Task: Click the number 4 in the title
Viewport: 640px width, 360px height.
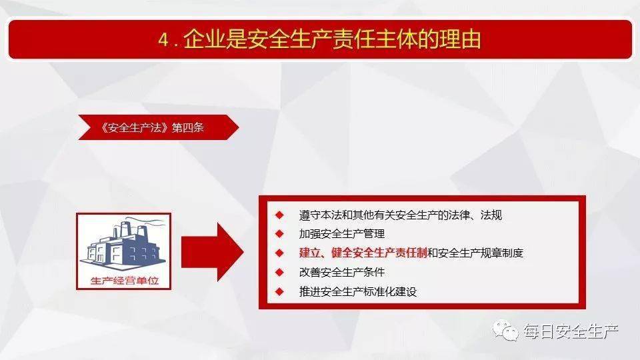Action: coord(163,40)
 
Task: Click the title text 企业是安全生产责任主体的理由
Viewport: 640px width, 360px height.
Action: coord(332,39)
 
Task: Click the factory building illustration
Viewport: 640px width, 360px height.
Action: coord(124,245)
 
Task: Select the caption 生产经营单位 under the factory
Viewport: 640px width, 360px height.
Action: coord(125,281)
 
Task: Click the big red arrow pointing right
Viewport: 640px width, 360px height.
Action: coord(212,252)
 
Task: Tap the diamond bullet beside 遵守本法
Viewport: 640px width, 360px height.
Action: coord(279,215)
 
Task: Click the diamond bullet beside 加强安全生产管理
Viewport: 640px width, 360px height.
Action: coord(279,234)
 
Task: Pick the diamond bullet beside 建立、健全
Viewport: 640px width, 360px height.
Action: coord(279,253)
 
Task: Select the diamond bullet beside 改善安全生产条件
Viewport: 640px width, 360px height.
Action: coord(279,272)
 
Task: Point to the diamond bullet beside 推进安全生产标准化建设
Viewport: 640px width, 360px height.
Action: coord(279,291)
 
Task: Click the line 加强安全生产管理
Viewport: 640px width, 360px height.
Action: coord(342,234)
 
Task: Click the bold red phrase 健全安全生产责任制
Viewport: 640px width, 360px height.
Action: coord(379,253)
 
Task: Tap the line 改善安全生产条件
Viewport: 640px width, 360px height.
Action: coord(342,272)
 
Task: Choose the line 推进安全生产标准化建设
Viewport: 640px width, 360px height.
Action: coord(358,291)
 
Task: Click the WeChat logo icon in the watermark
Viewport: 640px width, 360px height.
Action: coord(505,331)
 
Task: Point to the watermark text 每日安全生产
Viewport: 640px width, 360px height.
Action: coord(571,331)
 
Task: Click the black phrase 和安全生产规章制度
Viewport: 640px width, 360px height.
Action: coord(475,253)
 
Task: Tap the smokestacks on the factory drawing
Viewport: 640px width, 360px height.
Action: coord(130,229)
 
